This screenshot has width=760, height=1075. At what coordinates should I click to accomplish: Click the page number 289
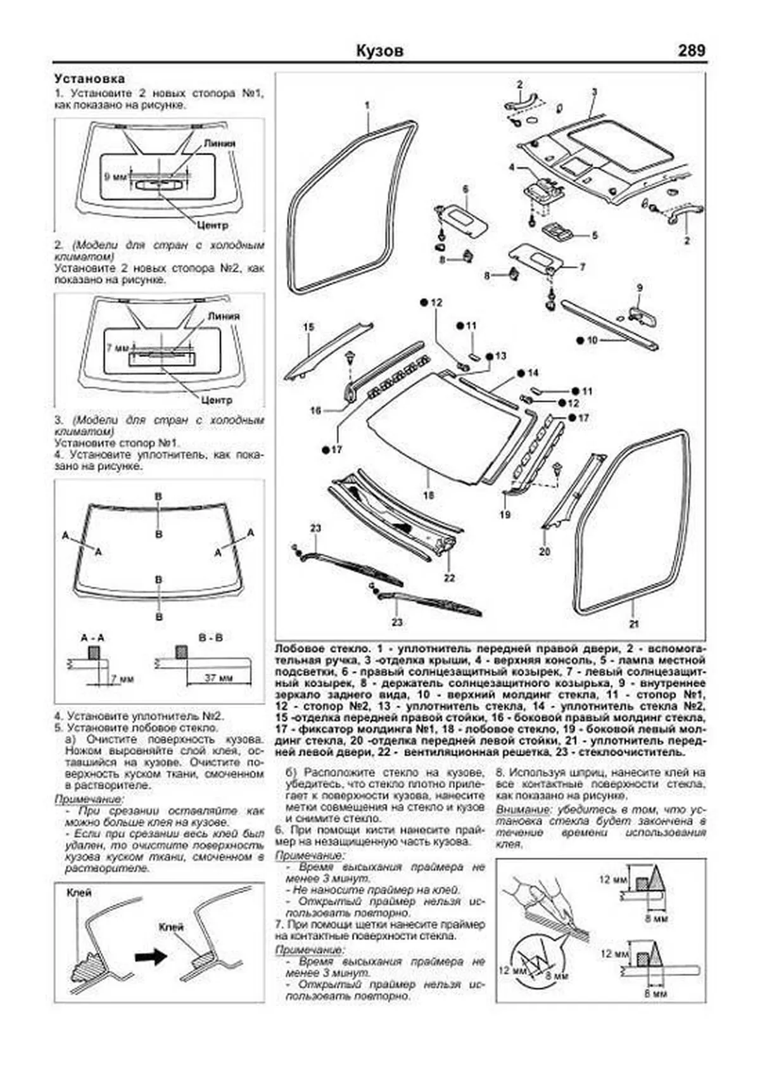tap(691, 51)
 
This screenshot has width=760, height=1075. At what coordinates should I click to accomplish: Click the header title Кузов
tap(379, 51)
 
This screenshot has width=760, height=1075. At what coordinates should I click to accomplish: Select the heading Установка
tap(89, 79)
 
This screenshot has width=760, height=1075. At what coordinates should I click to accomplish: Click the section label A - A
tap(92, 638)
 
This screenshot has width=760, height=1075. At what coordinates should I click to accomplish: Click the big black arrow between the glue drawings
tap(153, 957)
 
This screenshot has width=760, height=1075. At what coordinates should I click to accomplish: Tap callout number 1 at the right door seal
tap(367, 106)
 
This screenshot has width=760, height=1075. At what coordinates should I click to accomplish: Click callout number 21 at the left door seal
tap(634, 624)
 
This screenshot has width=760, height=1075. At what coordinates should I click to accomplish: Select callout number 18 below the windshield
tap(428, 495)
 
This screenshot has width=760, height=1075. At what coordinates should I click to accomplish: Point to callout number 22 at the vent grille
tap(449, 578)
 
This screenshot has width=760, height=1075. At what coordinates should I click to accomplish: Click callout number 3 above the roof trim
tap(594, 92)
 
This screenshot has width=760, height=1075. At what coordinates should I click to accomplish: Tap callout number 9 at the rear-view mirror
tap(640, 288)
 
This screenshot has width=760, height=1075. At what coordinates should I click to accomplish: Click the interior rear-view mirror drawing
tap(643, 315)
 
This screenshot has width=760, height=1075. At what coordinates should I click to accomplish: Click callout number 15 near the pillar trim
tap(308, 327)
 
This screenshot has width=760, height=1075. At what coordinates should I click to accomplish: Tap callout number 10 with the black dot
tap(592, 340)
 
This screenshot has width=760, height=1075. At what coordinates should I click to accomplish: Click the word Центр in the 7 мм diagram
tap(217, 400)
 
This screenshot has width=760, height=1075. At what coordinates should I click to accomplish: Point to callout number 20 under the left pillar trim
tap(545, 551)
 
